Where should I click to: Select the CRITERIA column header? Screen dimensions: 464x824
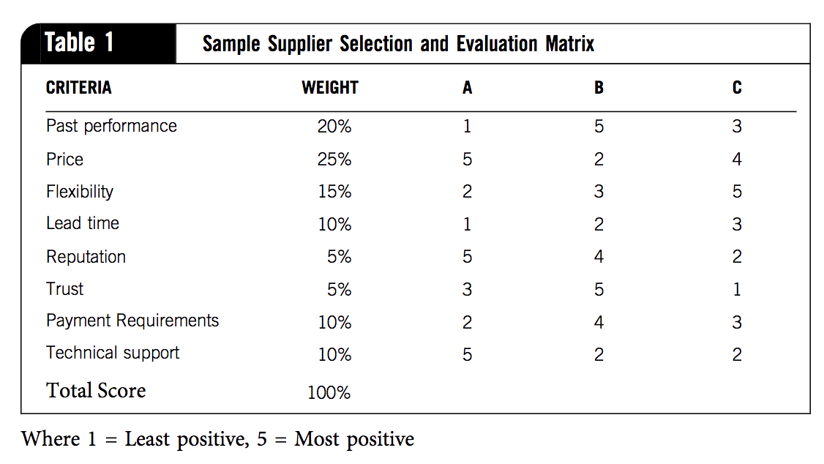click(79, 88)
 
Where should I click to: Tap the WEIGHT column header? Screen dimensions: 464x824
click(330, 88)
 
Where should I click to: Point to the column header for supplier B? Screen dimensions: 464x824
click(599, 89)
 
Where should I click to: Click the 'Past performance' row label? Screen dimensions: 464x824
click(111, 126)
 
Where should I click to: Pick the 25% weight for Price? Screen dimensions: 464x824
click(334, 160)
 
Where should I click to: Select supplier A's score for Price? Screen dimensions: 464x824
click(468, 160)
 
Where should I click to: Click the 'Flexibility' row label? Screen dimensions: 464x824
click(80, 192)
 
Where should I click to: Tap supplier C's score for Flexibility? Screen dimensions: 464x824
click(737, 192)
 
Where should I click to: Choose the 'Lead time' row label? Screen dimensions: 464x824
click(83, 223)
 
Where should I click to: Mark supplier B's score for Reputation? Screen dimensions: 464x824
click(599, 257)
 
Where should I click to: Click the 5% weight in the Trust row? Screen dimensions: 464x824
click(339, 290)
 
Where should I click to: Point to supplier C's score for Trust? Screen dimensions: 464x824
click(737, 290)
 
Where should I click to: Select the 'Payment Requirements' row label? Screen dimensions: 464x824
click(132, 321)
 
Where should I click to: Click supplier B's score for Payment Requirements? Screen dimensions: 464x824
click(599, 322)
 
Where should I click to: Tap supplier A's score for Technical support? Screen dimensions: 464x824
click(468, 354)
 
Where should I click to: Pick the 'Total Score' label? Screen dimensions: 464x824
click(96, 390)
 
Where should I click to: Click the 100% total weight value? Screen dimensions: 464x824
click(329, 393)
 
